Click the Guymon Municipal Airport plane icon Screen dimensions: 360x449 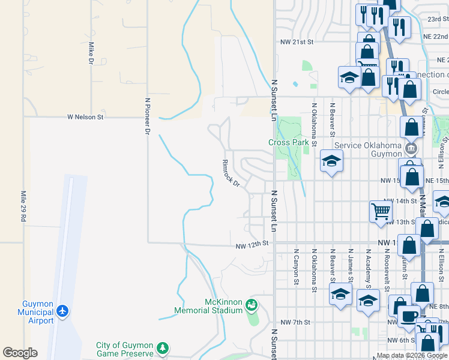pyautogui.click(x=62, y=311)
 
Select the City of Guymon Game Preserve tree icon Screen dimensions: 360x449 pyautogui.click(x=161, y=348)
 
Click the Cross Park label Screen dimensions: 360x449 pyautogui.click(x=288, y=142)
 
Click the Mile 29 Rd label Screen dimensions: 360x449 pyautogui.click(x=23, y=207)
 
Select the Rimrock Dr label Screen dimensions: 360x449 pyautogui.click(x=231, y=173)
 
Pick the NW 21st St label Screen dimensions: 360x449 pyautogui.click(x=297, y=42)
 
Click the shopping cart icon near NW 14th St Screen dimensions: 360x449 pyautogui.click(x=381, y=211)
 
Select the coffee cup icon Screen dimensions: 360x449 pyautogui.click(x=409, y=316)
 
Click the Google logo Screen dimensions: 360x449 pyautogui.click(x=20, y=353)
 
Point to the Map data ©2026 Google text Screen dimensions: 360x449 pyautogui.click(x=412, y=355)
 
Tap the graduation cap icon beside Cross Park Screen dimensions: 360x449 pyautogui.click(x=331, y=161)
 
